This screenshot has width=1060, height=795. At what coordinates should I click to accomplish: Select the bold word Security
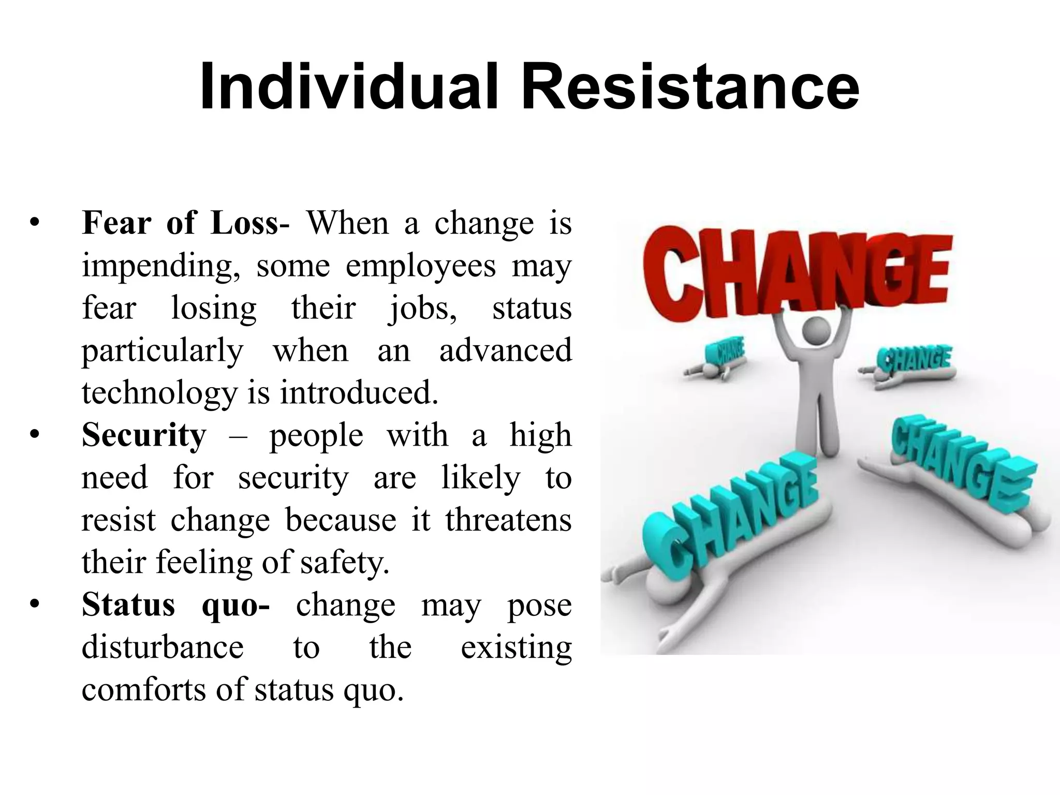coord(144,435)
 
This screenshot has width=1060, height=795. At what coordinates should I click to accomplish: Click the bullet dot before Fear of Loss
coord(35,224)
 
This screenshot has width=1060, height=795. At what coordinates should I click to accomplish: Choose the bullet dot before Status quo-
coord(35,605)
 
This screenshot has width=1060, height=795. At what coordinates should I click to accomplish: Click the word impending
coord(161,267)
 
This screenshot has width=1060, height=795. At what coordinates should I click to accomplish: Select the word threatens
coord(508,520)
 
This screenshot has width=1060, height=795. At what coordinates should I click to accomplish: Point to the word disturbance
coord(163,647)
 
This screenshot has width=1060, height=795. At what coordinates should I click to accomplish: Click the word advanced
coord(505,351)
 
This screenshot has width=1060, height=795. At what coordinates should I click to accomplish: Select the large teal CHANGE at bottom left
coord(730,512)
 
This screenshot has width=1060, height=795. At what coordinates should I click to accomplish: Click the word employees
coord(421,267)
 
